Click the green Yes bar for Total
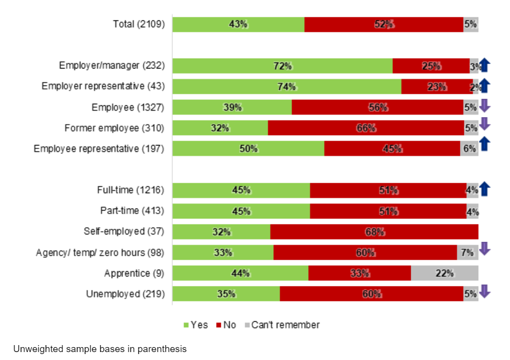[238, 24]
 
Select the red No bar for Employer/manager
[431, 66]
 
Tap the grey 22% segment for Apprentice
[445, 273]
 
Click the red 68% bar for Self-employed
[374, 231]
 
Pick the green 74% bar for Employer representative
[287, 86]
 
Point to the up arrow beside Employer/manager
[485, 65]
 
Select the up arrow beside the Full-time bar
[485, 189]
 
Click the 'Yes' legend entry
[195, 325]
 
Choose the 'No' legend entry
[226, 325]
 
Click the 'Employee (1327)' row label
[128, 107]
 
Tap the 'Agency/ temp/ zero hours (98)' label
[100, 253]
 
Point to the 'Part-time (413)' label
[132, 211]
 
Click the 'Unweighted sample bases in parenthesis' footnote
[100, 349]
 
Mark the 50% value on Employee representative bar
[248, 148]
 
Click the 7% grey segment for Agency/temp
[467, 252]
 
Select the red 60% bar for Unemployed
[371, 294]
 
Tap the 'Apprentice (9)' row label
[134, 273]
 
